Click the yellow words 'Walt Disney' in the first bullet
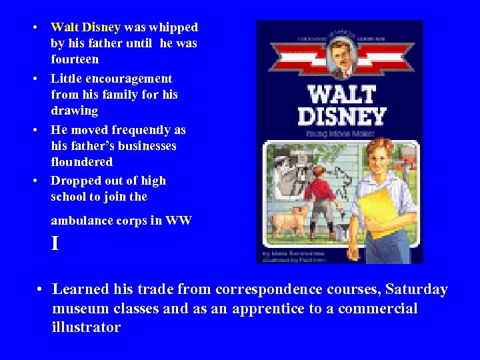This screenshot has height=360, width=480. coord(85,27)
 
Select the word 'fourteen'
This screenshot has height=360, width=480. coord(75,59)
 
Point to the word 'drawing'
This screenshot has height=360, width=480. coord(74,111)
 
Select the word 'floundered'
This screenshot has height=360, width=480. coord(82,162)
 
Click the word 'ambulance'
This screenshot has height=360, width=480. coord(82,221)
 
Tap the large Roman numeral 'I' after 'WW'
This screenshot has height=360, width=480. coord(55,244)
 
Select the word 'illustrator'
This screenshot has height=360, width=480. coord(86,327)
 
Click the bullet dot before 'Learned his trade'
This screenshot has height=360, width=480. coord(41,289)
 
